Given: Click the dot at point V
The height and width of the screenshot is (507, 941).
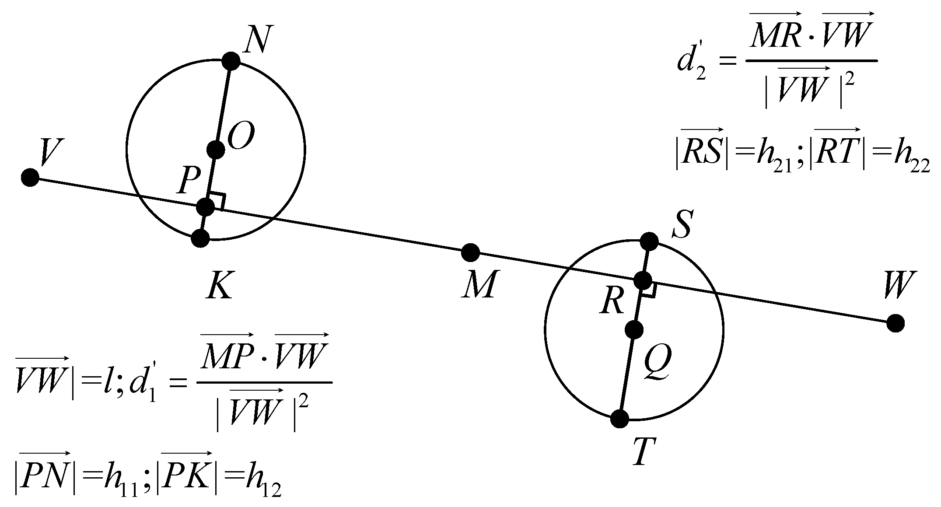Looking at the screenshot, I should click(x=30, y=178).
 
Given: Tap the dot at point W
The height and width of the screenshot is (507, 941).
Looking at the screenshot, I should click(x=896, y=323).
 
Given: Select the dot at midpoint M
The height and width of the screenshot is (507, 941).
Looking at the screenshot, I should click(x=471, y=252).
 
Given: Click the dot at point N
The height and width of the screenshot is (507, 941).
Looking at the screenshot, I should click(x=231, y=61).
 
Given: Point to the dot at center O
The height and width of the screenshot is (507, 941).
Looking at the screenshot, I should click(x=216, y=150).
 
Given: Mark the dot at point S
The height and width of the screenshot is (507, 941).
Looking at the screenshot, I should click(x=649, y=241).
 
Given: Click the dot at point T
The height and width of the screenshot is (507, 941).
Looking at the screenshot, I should click(x=619, y=419).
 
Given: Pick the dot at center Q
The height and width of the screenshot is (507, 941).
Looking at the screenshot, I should click(x=634, y=330).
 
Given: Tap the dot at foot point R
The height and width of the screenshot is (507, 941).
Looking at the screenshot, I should click(x=643, y=280).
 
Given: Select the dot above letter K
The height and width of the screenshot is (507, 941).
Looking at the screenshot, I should click(x=200, y=238).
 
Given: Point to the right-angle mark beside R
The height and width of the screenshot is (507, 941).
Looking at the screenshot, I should click(x=648, y=290).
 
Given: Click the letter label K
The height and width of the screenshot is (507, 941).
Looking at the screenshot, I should click(x=220, y=286).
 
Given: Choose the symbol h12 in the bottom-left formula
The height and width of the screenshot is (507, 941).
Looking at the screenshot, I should click(x=262, y=485).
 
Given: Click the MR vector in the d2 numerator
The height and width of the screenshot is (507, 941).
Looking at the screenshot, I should click(x=775, y=35).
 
